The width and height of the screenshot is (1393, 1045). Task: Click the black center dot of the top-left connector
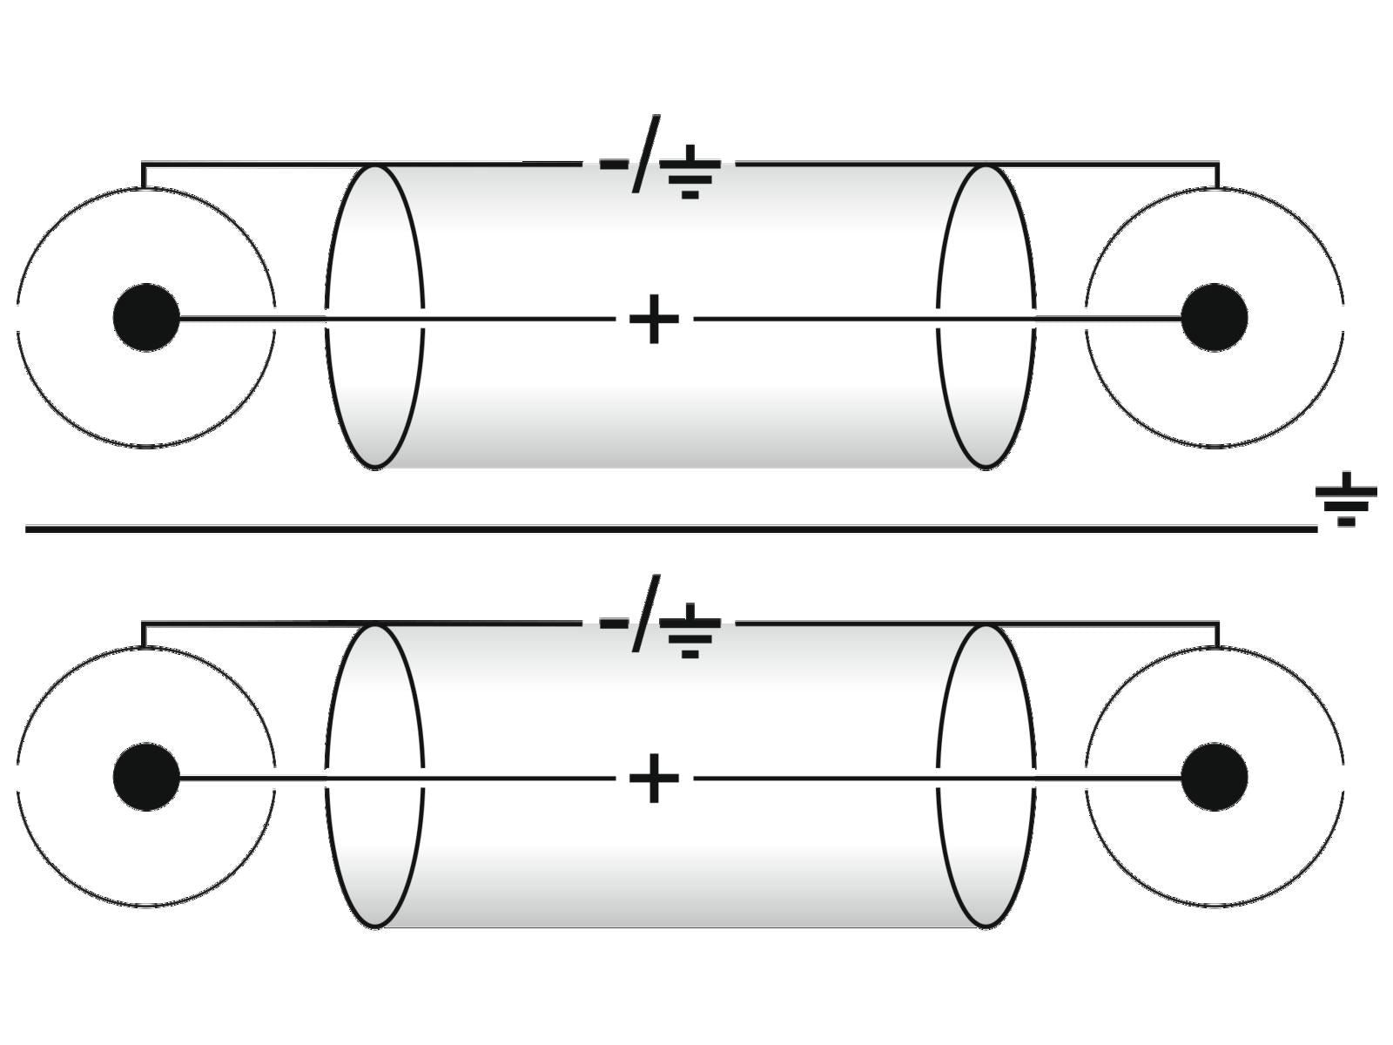146,318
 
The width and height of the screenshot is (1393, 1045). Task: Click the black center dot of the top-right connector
1215,318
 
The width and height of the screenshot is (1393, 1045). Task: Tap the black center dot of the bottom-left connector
146,777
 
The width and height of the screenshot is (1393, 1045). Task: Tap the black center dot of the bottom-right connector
1215,777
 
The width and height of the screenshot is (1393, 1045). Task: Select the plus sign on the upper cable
653,319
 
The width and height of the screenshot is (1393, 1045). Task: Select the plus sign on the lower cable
653,778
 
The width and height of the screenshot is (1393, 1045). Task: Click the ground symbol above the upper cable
690,172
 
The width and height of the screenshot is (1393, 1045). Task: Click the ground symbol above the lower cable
690,631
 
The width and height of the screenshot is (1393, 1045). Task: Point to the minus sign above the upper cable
613,164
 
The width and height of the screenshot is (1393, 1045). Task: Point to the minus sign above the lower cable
613,624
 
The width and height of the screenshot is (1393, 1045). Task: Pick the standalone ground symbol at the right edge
1346,500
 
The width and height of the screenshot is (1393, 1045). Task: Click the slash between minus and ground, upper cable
646,153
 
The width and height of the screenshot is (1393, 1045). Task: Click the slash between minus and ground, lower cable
646,613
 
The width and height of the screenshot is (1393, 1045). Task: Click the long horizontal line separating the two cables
670,529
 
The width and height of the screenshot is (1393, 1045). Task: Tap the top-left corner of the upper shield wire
143,163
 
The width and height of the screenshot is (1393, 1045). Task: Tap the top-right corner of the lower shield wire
1217,623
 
